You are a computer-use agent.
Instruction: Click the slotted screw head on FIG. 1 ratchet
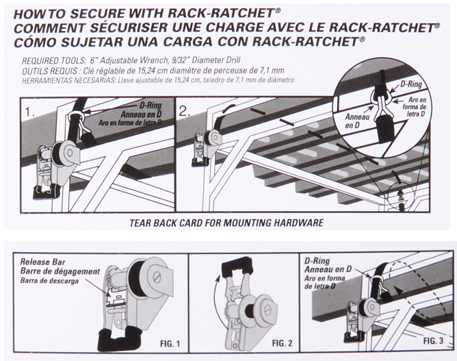(156, 277)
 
